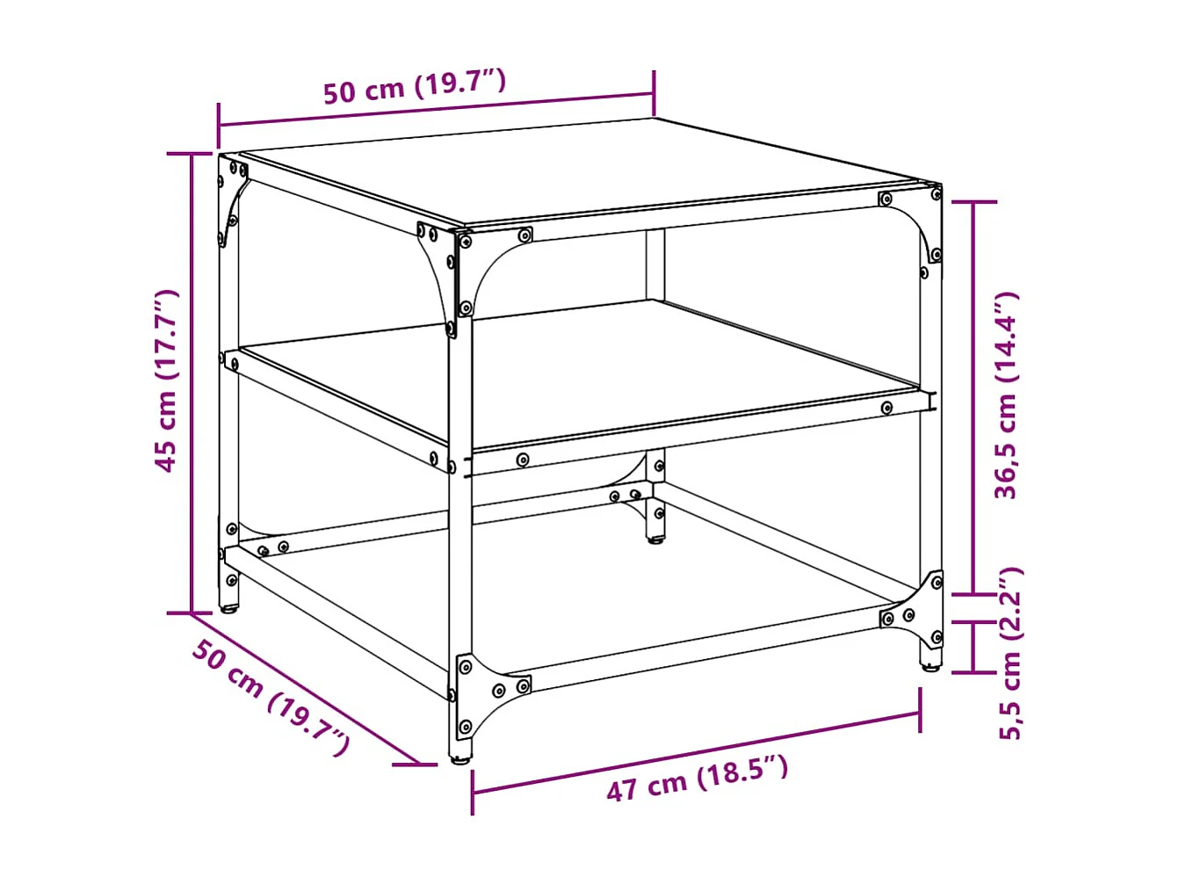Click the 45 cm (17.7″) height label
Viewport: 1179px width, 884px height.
click(x=166, y=380)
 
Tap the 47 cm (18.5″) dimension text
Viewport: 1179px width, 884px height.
click(x=697, y=778)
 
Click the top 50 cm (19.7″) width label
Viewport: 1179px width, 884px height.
click(x=414, y=87)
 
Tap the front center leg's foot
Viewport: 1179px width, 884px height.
click(x=459, y=757)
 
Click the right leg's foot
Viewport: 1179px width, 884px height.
click(x=929, y=665)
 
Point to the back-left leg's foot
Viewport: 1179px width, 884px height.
click(x=228, y=607)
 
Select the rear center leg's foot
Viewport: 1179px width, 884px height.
click(x=655, y=539)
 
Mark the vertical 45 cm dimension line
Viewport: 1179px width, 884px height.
click(x=192, y=382)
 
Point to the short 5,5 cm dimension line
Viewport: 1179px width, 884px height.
click(x=973, y=647)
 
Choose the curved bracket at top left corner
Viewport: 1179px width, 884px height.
click(x=232, y=197)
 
